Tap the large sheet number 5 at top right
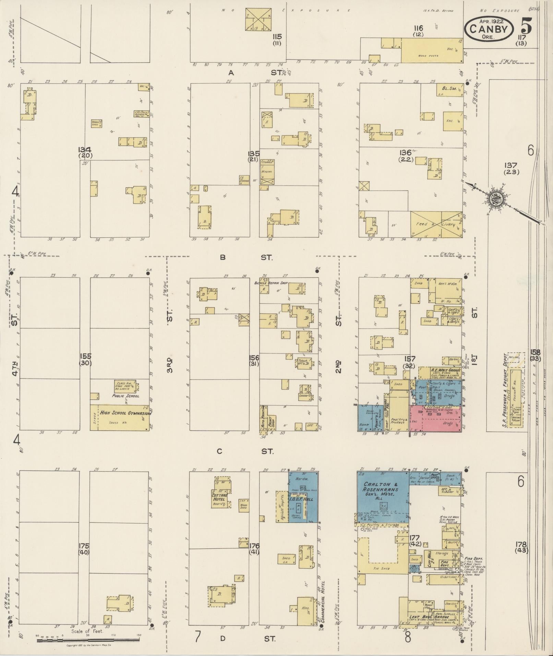[526, 26]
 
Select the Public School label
[125, 396]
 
